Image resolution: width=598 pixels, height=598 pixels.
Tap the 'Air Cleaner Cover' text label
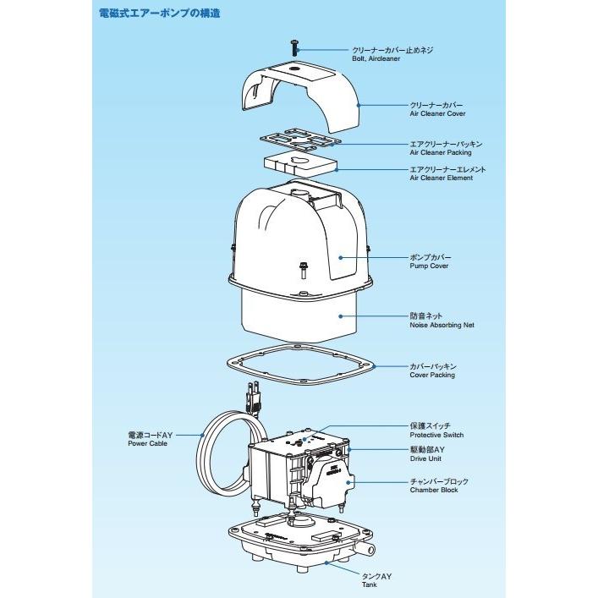[437, 113]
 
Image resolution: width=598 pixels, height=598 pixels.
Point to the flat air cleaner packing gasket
[299, 140]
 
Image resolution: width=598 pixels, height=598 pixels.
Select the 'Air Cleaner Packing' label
[441, 153]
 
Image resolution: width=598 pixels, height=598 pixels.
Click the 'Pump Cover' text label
[429, 266]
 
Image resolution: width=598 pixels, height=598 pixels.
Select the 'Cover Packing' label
[432, 375]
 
